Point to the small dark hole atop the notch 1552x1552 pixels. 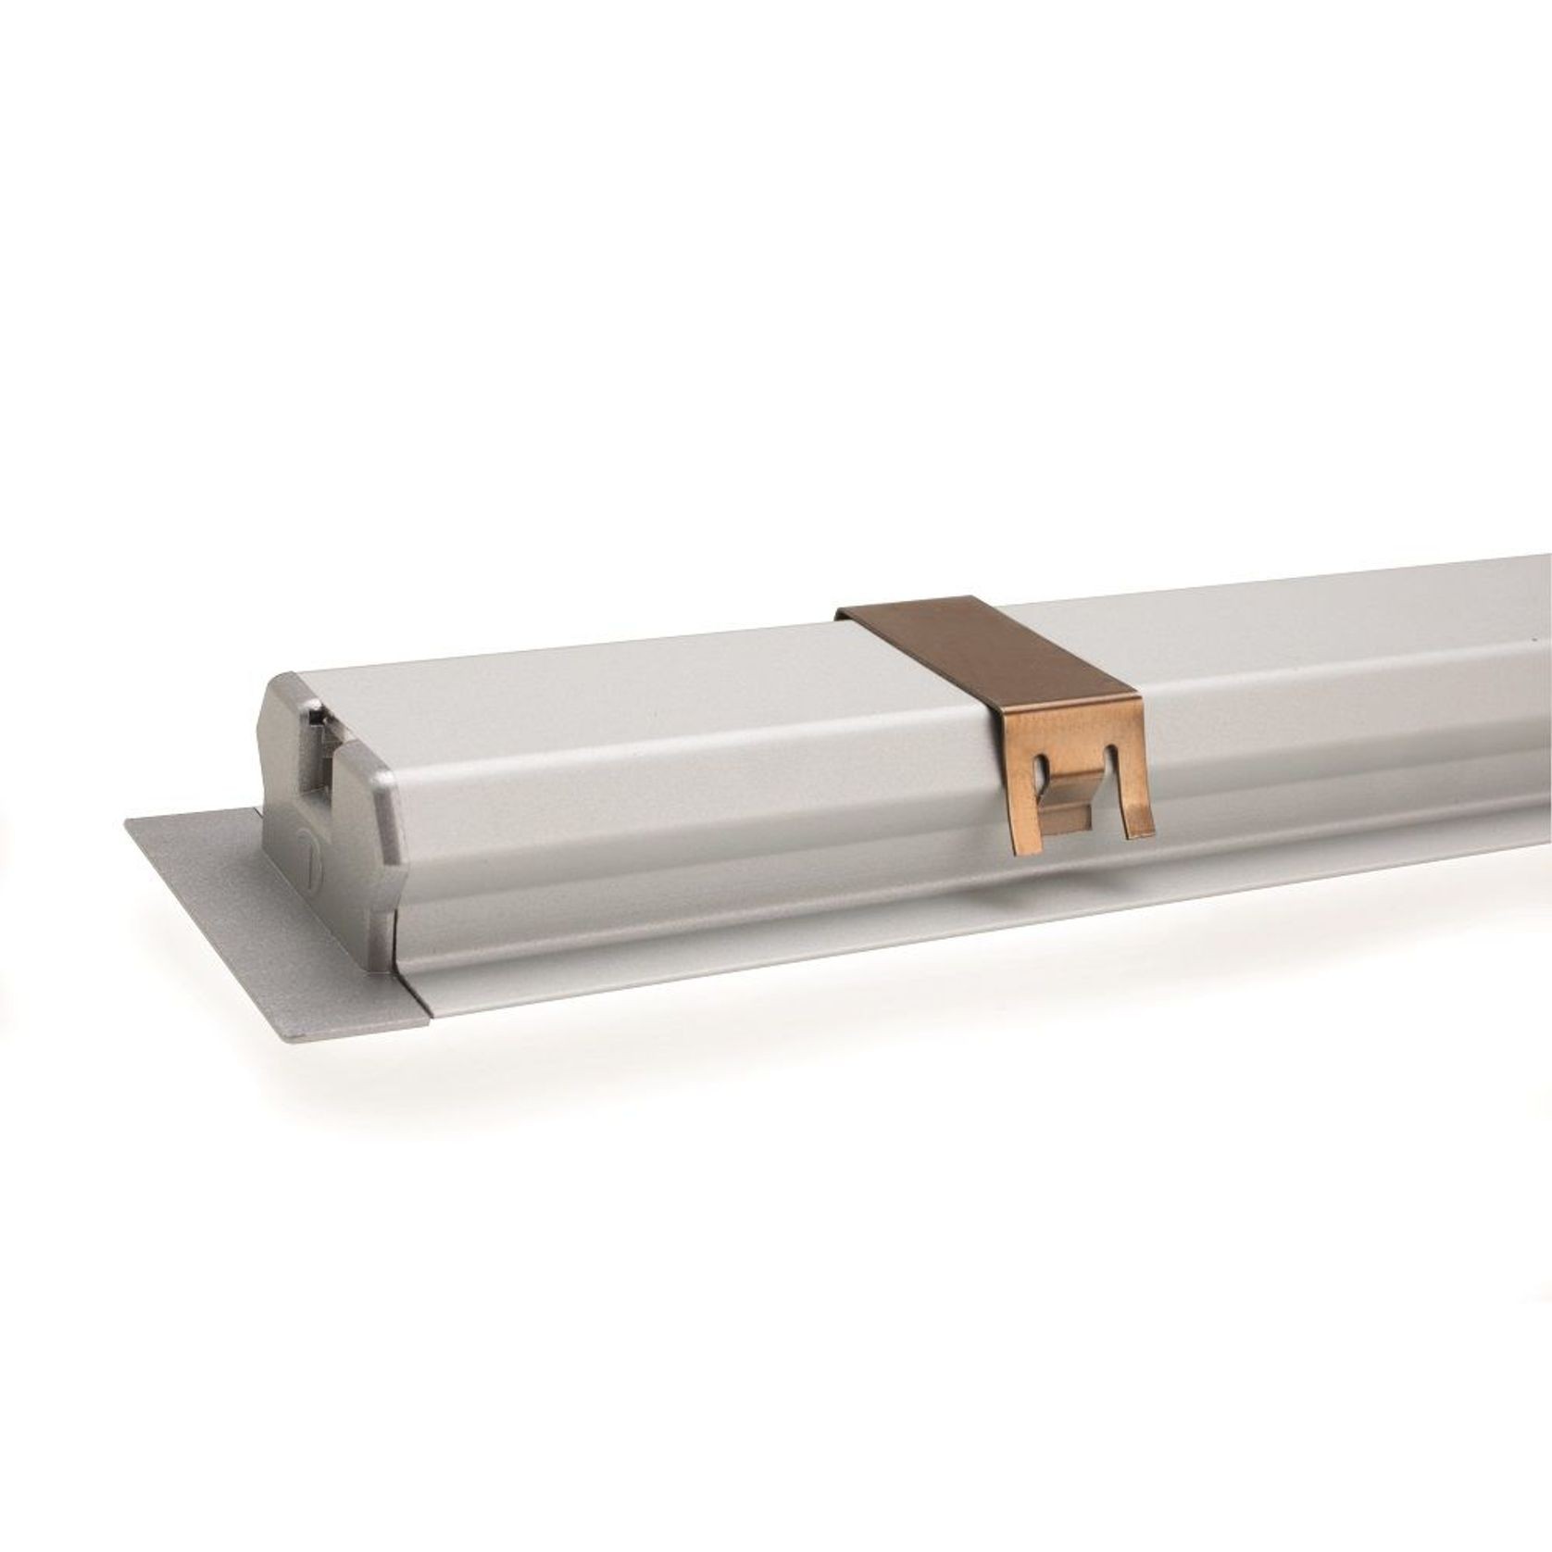(318, 714)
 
